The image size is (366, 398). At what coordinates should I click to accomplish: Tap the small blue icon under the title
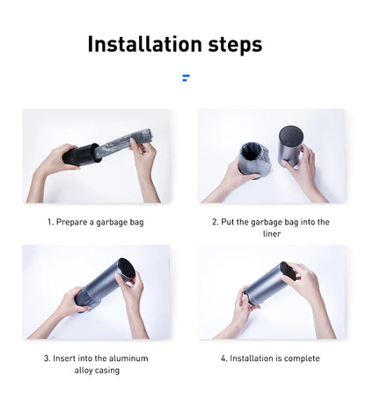pos(186,78)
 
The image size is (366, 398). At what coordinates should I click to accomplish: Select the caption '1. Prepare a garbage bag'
pos(95,222)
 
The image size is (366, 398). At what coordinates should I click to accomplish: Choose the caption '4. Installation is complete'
pos(270,358)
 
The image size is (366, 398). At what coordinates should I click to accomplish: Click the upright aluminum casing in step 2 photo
pos(290,145)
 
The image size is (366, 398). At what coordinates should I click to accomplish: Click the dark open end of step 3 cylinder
pos(127,270)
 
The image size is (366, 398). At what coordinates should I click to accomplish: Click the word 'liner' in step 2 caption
pos(271,233)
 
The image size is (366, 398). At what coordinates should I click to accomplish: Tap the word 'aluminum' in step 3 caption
pos(128,358)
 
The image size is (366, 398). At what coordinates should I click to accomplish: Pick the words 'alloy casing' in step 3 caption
pos(96,370)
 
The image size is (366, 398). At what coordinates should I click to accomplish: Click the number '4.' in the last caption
pos(223,358)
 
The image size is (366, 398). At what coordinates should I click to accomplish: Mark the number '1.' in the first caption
pos(50,222)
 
